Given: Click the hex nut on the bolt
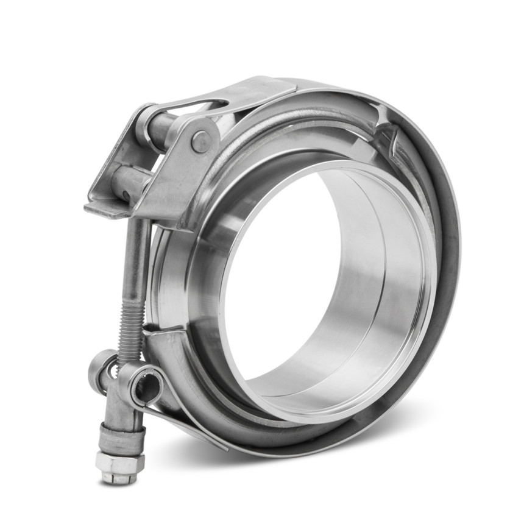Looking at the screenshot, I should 119,462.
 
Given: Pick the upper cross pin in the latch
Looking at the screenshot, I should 160,127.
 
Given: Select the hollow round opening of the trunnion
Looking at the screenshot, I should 146,385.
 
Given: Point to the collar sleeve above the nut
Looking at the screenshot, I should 124,435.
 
